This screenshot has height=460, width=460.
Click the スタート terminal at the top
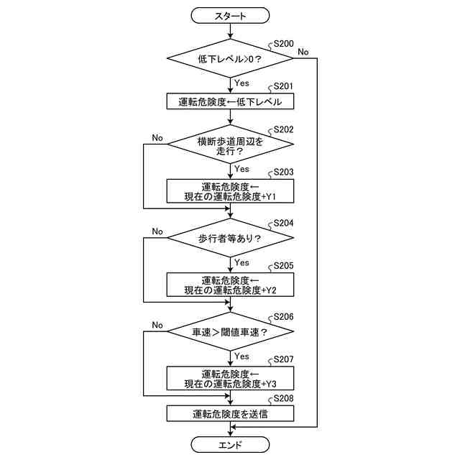230,15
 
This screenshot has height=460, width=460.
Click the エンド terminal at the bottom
230,445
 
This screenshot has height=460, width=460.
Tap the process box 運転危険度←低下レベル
230,102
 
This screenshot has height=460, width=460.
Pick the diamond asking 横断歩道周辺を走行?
230,146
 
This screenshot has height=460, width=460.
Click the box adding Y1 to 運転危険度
230,191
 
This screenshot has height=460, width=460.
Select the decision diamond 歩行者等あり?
230,238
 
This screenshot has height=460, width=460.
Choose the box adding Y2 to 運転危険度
230,285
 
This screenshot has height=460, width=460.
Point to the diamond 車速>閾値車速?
230,332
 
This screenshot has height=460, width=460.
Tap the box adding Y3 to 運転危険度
230,378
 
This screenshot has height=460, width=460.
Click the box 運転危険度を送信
230,414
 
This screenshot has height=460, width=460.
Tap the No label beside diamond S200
303,51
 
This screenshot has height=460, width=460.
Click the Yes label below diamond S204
242,262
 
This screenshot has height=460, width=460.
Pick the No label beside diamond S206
157,325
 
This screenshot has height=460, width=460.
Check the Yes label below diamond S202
242,169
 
